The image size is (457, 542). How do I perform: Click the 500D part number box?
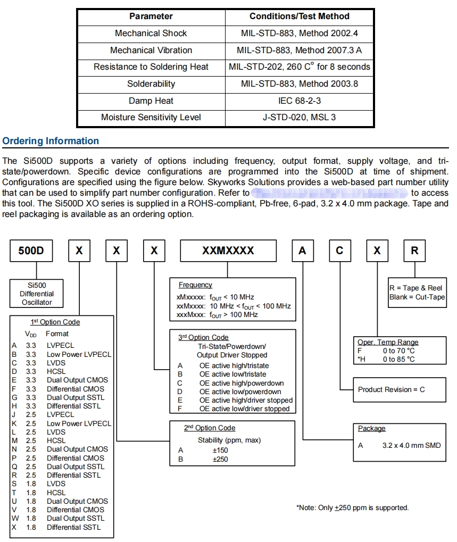click(x=31, y=251)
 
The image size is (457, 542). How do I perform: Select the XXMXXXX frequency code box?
click(x=228, y=251)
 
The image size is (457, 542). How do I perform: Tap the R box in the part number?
click(x=414, y=251)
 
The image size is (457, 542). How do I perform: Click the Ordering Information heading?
click(x=51, y=141)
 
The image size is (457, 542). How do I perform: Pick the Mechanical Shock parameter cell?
click(x=151, y=33)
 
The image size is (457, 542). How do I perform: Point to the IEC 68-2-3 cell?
click(x=300, y=101)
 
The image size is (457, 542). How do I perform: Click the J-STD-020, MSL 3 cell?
click(x=300, y=117)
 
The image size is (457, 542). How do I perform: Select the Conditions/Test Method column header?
click(x=300, y=16)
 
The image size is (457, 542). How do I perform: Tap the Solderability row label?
click(x=151, y=84)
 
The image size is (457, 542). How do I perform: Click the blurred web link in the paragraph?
click(x=330, y=193)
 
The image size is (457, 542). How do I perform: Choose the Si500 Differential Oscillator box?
click(x=38, y=294)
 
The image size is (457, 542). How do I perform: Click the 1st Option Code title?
click(x=55, y=322)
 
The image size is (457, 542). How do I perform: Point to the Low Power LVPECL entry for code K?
click(x=79, y=423)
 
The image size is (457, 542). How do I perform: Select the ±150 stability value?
click(x=220, y=450)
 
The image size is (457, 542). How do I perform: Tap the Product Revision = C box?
click(x=392, y=389)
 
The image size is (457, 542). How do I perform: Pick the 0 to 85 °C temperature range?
click(x=399, y=359)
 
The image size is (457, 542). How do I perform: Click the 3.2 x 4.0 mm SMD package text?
click(x=411, y=445)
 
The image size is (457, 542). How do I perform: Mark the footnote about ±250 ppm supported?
click(x=352, y=508)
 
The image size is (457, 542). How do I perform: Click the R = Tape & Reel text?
click(x=416, y=288)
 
